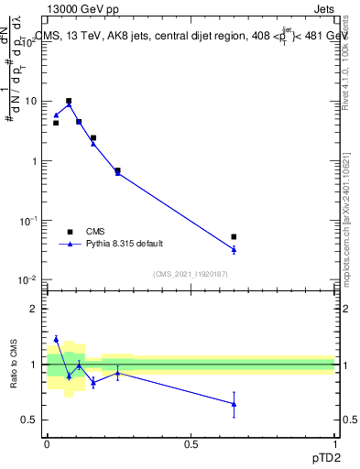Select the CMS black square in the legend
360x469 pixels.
[x=69, y=232]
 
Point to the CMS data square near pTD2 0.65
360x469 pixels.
[x=234, y=237]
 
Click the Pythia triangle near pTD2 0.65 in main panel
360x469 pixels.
[x=234, y=249]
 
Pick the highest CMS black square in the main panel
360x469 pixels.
[x=69, y=101]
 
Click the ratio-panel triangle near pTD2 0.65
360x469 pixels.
[x=234, y=404]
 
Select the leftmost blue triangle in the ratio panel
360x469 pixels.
[x=56, y=339]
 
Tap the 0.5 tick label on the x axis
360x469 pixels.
[x=191, y=443]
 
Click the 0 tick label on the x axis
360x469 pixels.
[x=47, y=443]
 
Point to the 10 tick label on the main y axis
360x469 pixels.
[x=33, y=102]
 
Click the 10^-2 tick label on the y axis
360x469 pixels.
[x=31, y=280]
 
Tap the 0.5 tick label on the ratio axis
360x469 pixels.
[x=33, y=420]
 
